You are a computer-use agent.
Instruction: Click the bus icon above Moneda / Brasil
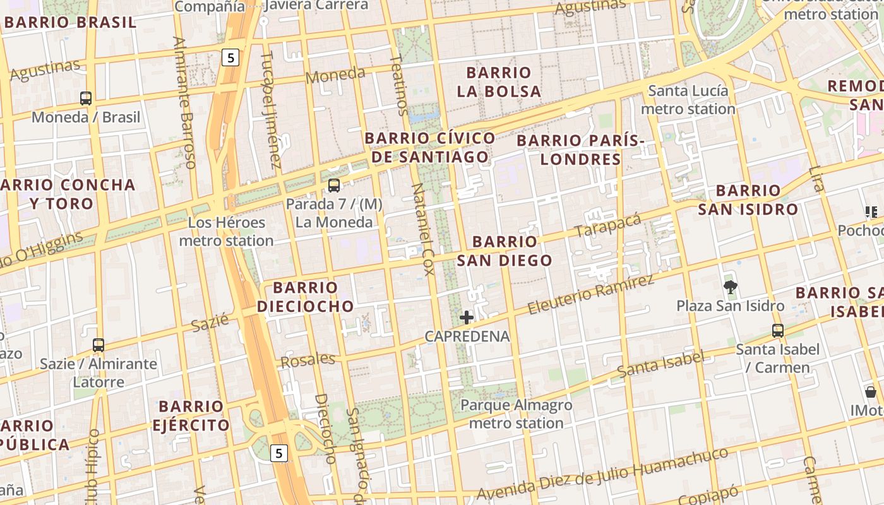(x=86, y=98)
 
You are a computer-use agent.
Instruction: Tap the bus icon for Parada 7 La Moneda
(x=334, y=186)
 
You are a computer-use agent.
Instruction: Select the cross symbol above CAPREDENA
(x=467, y=317)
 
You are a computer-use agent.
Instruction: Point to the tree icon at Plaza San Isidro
(x=731, y=288)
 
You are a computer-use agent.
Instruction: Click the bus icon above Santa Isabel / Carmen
(x=778, y=330)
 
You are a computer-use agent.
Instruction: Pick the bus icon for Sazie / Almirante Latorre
(x=99, y=345)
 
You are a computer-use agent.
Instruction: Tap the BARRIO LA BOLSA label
(x=499, y=82)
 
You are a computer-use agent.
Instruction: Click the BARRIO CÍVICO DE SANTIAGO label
(x=430, y=148)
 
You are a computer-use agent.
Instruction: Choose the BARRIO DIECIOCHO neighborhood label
(x=306, y=297)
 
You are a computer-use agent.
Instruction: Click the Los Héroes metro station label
(x=226, y=232)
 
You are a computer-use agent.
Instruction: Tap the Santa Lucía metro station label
(x=688, y=100)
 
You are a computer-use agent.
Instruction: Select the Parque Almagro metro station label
(x=516, y=414)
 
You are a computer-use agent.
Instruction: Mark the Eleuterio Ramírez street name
(x=590, y=295)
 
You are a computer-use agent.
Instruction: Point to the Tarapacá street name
(x=607, y=226)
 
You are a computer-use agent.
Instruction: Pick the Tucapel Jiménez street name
(x=271, y=110)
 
